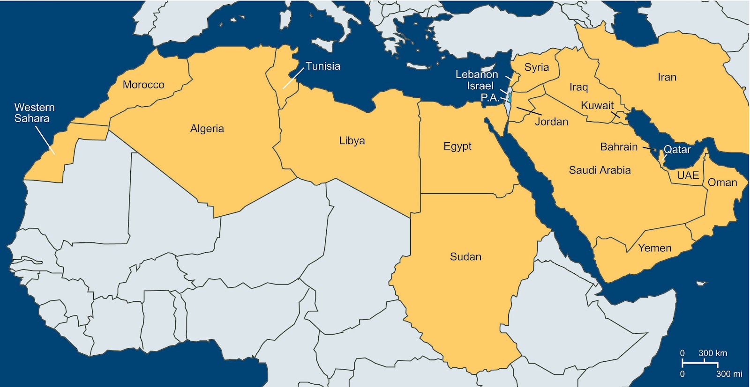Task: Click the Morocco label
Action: [143, 85]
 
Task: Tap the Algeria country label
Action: [207, 129]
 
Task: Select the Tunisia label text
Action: [323, 66]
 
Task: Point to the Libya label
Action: [352, 141]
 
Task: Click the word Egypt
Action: [457, 146]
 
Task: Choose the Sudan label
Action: [465, 257]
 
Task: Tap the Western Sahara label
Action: [34, 113]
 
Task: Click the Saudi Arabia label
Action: [600, 170]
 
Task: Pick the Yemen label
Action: [654, 248]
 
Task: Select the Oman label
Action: [722, 183]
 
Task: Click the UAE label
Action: [688, 175]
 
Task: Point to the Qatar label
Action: [677, 150]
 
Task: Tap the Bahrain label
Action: [619, 147]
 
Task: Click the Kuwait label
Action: [597, 106]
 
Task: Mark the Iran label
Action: [667, 77]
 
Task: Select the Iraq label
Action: [578, 87]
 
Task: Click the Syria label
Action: [536, 67]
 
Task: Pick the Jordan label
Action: [551, 122]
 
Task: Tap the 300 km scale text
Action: [712, 353]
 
